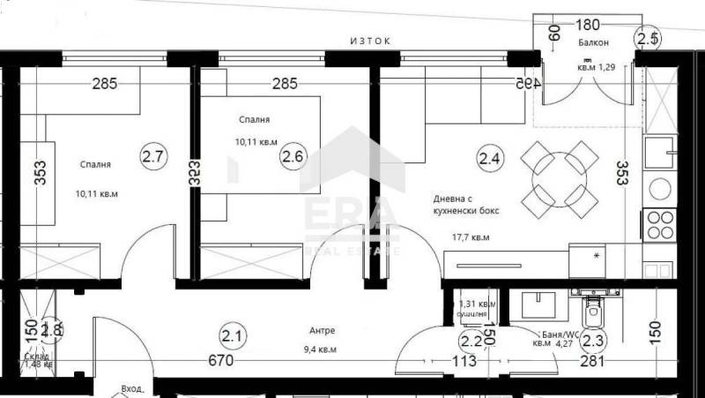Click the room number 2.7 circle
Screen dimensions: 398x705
coord(153,157)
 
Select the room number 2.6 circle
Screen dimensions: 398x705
coord(292,157)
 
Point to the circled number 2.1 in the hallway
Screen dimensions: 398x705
coord(232,335)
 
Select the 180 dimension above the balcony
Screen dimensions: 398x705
coord(588,25)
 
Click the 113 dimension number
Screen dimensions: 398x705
coord(464,360)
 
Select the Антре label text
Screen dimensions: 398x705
coord(323,331)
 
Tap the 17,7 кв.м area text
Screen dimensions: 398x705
coord(471,237)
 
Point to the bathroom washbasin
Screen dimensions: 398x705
coord(537,304)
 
